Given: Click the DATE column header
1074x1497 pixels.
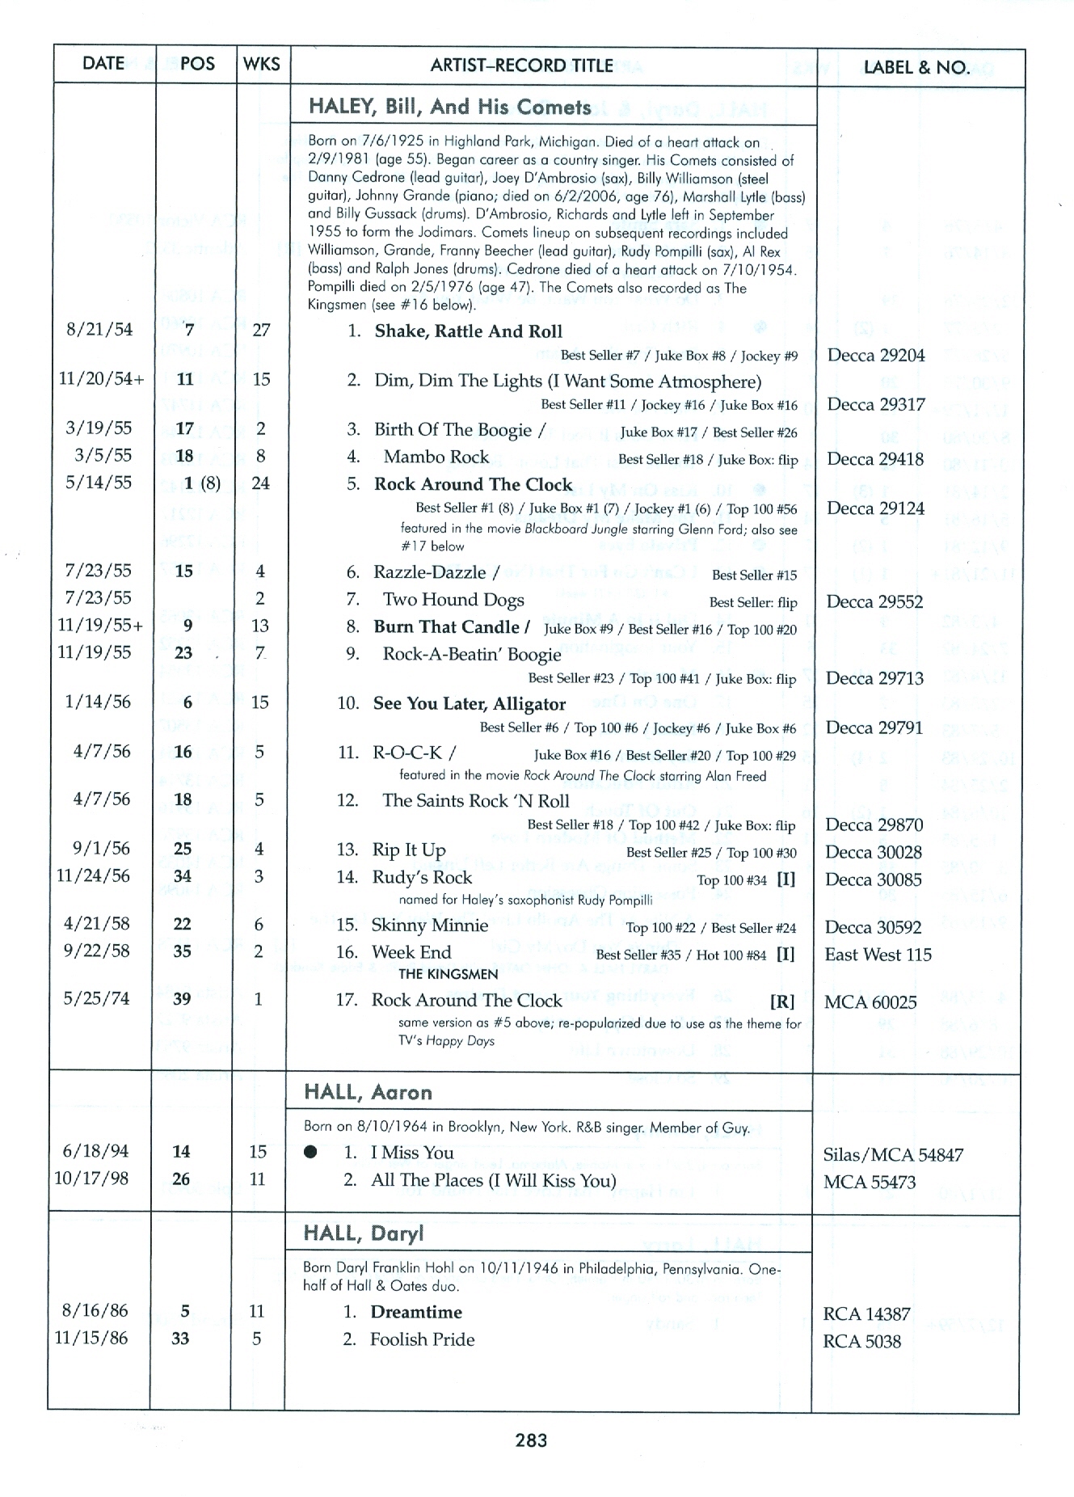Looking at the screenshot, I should (x=103, y=64).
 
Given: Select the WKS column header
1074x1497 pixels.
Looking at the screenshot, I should (x=261, y=65).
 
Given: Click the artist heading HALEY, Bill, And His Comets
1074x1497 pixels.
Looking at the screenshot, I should (x=449, y=108).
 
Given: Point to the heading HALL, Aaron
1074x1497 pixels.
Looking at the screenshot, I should (x=368, y=1093).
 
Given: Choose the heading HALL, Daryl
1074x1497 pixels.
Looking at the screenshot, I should (x=363, y=1233).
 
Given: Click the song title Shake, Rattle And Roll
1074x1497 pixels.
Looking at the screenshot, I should (x=468, y=331).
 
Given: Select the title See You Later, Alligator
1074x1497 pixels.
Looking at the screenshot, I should (x=469, y=704).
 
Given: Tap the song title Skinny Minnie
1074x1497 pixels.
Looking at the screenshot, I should (x=429, y=926).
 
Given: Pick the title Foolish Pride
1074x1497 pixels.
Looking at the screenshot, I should (x=422, y=1339).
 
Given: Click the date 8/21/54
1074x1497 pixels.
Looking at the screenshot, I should (x=99, y=330).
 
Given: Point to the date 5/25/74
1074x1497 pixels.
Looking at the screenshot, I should (x=96, y=999).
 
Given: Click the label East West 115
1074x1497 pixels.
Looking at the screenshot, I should (x=878, y=955).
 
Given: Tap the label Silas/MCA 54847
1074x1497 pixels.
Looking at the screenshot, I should (x=893, y=1155).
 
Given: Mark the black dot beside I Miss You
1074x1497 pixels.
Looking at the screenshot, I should (x=310, y=1153).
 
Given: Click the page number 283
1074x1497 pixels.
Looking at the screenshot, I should (x=531, y=1440).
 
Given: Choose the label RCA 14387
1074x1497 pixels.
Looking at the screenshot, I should (x=866, y=1314).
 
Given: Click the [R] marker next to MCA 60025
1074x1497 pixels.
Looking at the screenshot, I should (x=781, y=1002).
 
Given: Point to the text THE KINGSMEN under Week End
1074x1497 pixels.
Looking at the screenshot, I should (x=448, y=974).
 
